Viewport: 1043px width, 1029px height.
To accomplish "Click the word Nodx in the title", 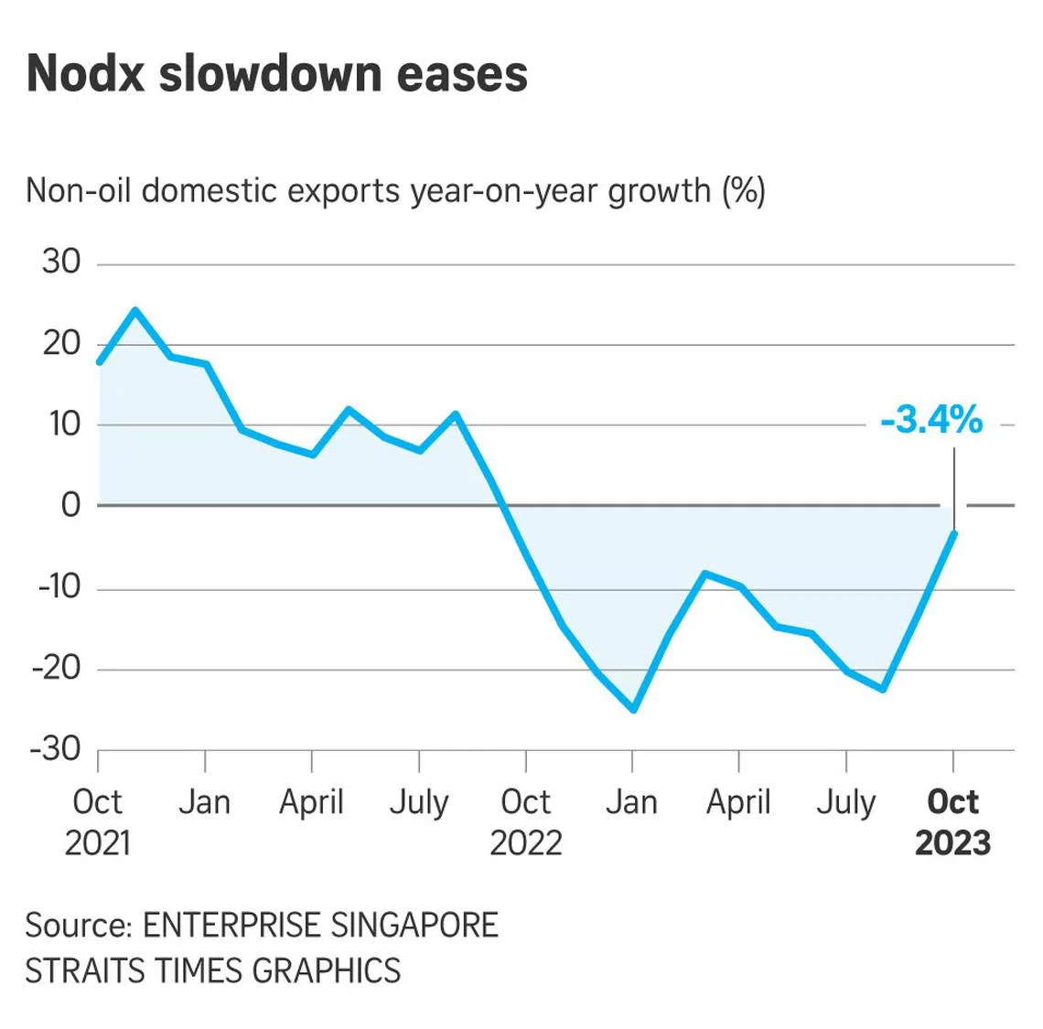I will pos(85,74).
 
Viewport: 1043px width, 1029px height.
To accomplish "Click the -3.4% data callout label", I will pos(931,420).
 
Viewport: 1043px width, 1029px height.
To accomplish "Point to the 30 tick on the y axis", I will pos(61,263).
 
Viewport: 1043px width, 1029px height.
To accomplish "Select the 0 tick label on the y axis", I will pos(70,505).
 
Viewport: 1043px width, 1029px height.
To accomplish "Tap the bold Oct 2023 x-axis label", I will pos(952,821).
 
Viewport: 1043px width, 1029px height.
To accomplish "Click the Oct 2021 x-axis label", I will pos(97,821).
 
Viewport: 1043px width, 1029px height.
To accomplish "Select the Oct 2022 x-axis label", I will pos(525,821).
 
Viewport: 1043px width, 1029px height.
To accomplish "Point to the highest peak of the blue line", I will pos(135,310).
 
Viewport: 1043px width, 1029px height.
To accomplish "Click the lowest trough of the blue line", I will pos(633,710).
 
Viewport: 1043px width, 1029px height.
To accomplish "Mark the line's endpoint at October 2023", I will pos(954,532).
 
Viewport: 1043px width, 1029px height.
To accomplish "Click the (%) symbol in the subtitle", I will pos(743,190).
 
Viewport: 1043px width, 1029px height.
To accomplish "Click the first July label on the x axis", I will pos(419,802).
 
